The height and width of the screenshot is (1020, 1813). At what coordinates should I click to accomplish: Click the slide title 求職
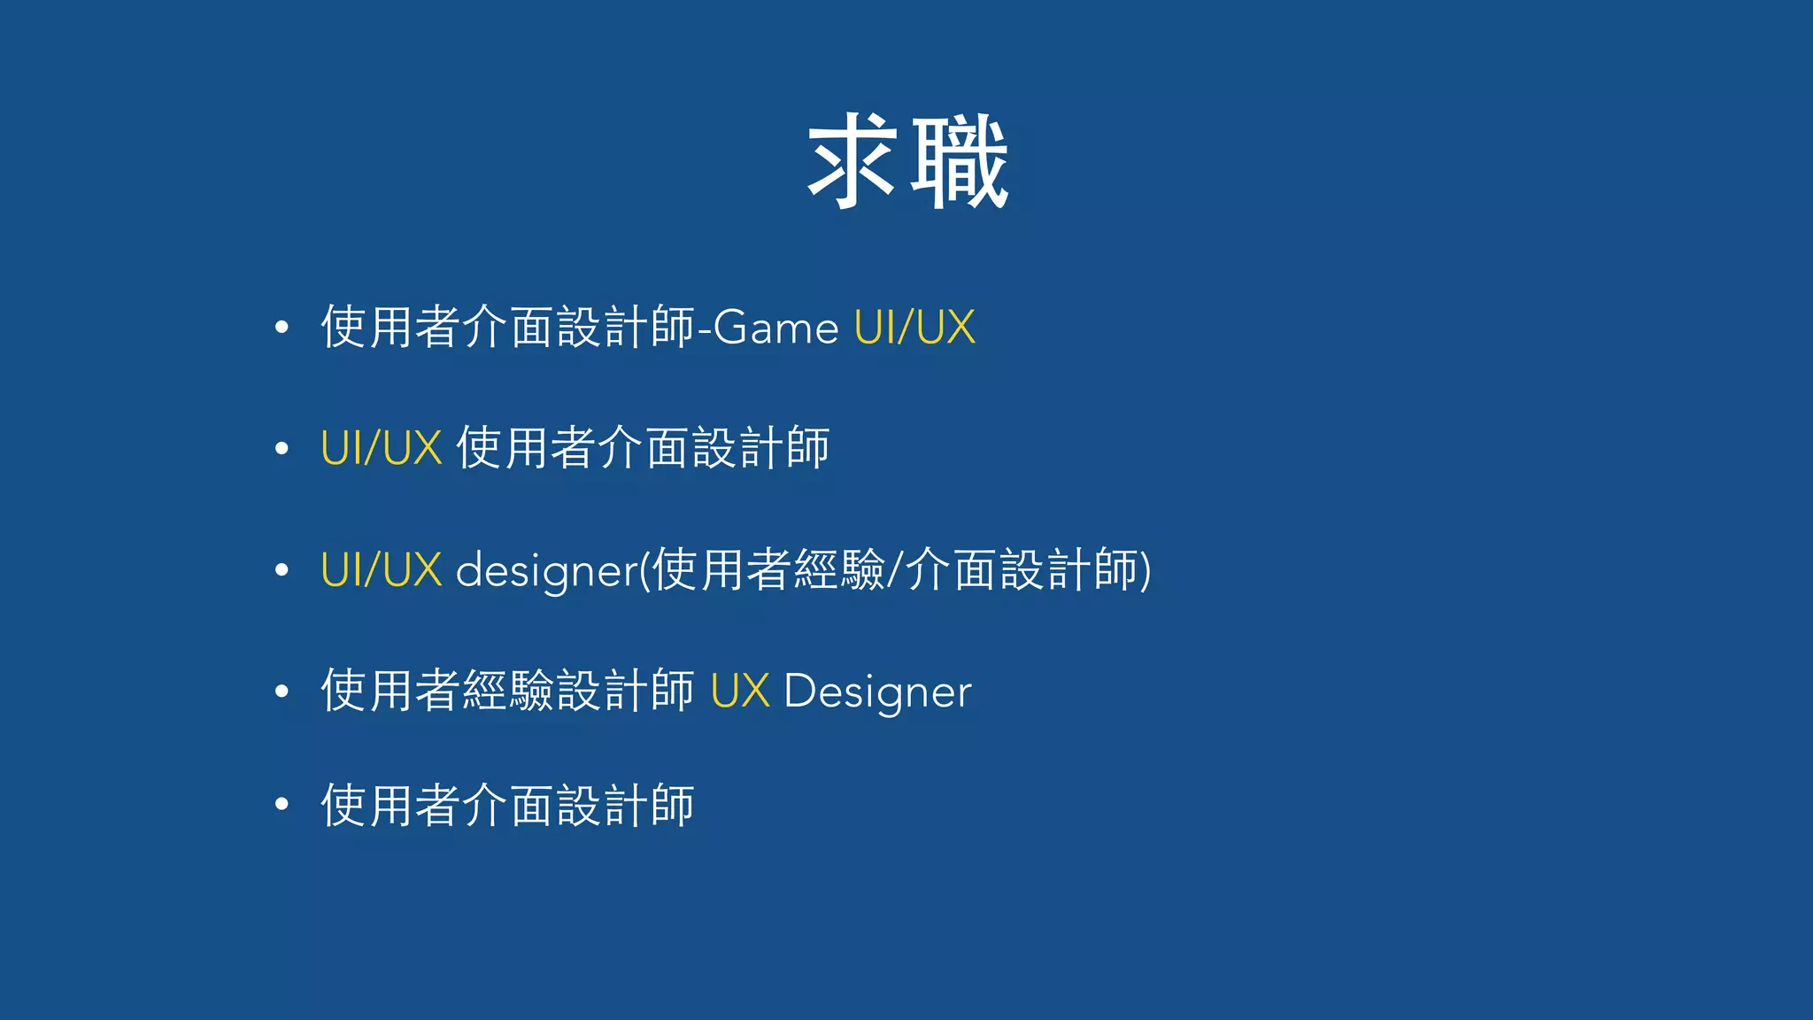pos(907,162)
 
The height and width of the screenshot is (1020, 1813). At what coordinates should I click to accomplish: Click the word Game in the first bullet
pos(775,328)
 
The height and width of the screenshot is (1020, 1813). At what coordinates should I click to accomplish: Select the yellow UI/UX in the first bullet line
pos(914,328)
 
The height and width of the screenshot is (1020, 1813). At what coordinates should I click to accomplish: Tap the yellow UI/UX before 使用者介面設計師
pos(381,448)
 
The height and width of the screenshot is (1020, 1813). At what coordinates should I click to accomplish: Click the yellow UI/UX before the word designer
pos(381,569)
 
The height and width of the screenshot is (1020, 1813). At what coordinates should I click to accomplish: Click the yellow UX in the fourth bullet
pos(740,692)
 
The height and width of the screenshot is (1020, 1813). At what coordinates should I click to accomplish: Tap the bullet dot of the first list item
pos(282,328)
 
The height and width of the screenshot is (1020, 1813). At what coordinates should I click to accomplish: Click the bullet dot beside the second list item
pos(282,449)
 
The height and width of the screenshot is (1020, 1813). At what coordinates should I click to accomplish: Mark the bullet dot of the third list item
pos(282,570)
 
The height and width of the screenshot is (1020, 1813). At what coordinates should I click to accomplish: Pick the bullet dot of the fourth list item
pos(282,692)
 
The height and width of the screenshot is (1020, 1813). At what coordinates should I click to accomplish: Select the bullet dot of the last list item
pos(282,804)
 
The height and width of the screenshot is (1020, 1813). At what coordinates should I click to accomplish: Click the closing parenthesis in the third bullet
pos(1146,570)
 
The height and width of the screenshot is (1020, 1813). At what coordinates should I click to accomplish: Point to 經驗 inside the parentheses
pos(839,569)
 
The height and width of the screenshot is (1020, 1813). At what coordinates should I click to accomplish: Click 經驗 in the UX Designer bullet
pos(508,691)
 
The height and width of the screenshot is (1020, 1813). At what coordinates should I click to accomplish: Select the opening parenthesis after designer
pos(645,570)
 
